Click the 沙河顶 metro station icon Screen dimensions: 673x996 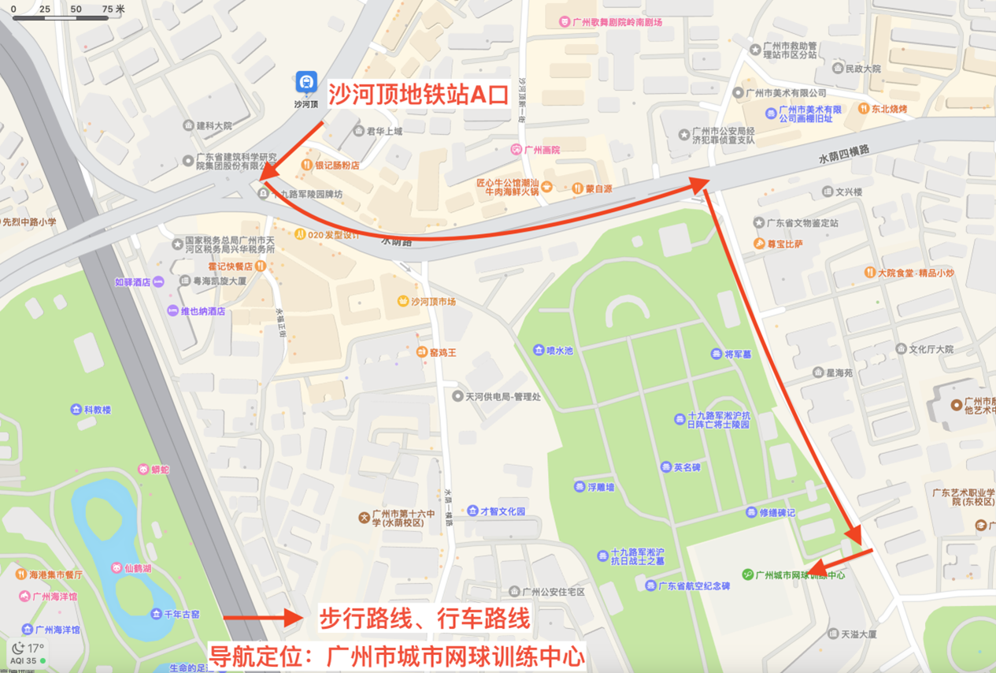[x=305, y=82]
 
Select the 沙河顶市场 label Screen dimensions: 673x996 [x=428, y=302]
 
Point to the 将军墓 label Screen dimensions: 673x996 [x=738, y=355]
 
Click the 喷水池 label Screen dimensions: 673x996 [x=560, y=351]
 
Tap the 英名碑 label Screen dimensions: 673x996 [x=687, y=467]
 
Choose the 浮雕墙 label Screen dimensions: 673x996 [x=600, y=488]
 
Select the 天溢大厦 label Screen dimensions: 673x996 [x=858, y=634]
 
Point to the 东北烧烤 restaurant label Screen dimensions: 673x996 [x=889, y=109]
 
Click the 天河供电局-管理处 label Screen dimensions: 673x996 [x=502, y=396]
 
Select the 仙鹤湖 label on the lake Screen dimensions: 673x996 [x=137, y=568]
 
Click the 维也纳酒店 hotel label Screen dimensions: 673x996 [x=202, y=311]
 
